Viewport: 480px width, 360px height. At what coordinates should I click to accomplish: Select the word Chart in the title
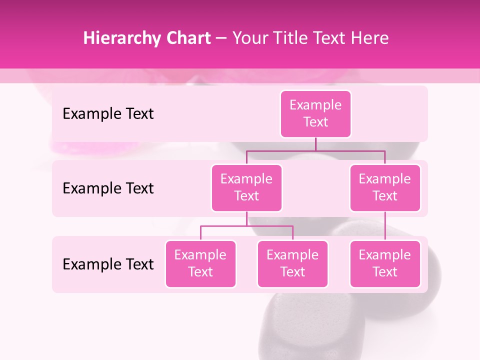[188, 38]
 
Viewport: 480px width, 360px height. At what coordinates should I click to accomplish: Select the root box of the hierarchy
[315, 114]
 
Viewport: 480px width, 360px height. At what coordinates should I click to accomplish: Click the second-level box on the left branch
[246, 188]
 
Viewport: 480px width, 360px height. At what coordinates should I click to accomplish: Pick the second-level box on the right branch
[385, 188]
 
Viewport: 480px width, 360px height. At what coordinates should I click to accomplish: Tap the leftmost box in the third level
[200, 264]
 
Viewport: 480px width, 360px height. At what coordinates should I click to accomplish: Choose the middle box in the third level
[292, 264]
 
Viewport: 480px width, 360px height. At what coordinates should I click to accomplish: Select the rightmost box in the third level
[385, 264]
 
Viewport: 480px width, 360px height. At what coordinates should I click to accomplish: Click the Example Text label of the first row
[108, 114]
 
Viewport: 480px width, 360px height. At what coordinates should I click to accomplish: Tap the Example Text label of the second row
[108, 188]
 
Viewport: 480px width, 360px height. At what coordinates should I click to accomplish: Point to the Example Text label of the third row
[108, 264]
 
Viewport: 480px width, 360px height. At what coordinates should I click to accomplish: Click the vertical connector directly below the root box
[315, 144]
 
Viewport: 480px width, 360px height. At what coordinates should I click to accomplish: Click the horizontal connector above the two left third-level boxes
[246, 226]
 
